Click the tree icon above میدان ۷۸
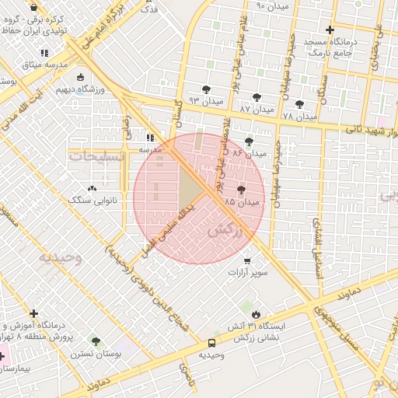pos(299,103)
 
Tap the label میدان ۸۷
pos(257,110)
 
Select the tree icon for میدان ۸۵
pos(240,189)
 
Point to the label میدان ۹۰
pos(272,6)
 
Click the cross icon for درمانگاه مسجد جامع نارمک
pos(330,30)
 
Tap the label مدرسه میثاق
pos(24,64)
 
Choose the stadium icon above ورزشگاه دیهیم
pos(81,77)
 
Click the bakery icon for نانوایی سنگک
pos(93,188)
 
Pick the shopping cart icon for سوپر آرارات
pos(247,261)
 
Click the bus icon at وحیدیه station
pos(211,343)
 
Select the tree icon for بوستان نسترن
pos(96,341)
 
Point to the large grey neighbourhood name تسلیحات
pos(97,156)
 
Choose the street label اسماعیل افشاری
pos(317,241)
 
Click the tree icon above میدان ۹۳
pos(206,89)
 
